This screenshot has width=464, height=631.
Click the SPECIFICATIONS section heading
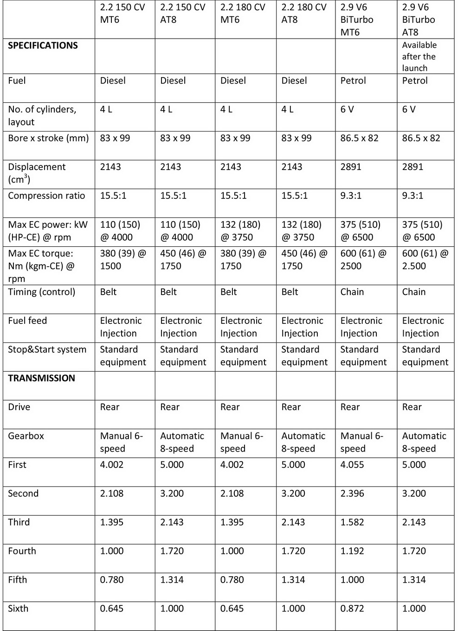pos(43,46)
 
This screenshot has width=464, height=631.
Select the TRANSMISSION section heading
pos(41,378)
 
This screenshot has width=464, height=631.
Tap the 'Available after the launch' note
pos(419,56)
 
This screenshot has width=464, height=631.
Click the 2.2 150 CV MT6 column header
pos(122,13)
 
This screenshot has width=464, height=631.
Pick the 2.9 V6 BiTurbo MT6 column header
pos(356,20)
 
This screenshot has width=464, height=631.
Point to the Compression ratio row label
pos(46,196)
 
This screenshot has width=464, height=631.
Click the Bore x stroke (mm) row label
pos(48,138)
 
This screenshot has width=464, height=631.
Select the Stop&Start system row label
pos(47,349)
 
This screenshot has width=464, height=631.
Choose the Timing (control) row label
pos(41,292)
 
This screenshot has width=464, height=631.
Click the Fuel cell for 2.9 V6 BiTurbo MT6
pos(353,80)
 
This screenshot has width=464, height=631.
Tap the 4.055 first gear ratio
pos(352,465)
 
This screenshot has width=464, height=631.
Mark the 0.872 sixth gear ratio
pos(352,609)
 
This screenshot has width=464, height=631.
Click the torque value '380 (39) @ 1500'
pos(123,260)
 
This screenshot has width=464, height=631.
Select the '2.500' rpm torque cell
pos(425,260)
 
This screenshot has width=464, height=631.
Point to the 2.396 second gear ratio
pos(352,493)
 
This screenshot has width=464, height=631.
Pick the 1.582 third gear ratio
pos(352,522)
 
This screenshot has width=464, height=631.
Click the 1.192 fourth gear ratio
pos(352,551)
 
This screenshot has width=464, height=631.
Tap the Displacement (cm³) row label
pos(37,173)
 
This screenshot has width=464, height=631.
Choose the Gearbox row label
pos(26,436)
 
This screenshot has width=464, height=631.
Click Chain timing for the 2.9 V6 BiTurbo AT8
pos(413,292)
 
